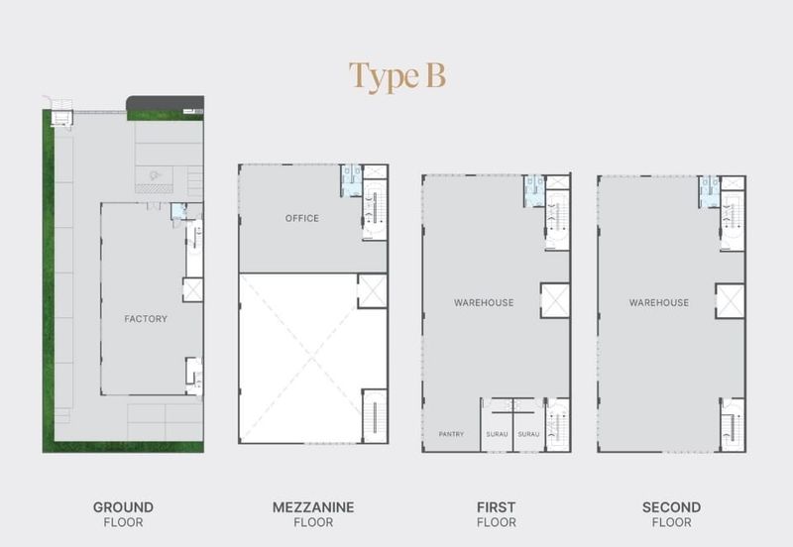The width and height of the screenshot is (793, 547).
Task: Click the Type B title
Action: pyautogui.click(x=397, y=77)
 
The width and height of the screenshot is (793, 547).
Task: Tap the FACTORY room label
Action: pyautogui.click(x=146, y=319)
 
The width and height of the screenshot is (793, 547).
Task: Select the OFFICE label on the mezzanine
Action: pyautogui.click(x=302, y=218)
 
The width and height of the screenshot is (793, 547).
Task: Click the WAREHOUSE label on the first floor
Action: pyautogui.click(x=484, y=303)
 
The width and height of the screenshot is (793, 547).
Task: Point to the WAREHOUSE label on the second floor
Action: pyautogui.click(x=659, y=303)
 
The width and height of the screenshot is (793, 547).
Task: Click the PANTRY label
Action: pyautogui.click(x=451, y=434)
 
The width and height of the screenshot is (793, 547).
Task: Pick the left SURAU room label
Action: pyautogui.click(x=497, y=434)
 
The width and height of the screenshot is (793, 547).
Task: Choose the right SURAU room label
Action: pyautogui.click(x=528, y=434)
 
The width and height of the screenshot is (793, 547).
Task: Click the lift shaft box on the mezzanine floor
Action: pyautogui.click(x=373, y=290)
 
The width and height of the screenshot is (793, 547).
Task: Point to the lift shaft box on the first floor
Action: pyautogui.click(x=555, y=300)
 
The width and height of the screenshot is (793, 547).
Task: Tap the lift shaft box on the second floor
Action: pyautogui.click(x=730, y=300)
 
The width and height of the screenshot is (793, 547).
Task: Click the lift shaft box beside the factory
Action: pyautogui.click(x=192, y=289)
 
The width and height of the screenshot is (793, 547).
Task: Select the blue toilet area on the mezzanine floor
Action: pyautogui.click(x=352, y=180)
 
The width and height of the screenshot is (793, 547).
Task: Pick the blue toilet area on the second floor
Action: pyautogui.click(x=709, y=191)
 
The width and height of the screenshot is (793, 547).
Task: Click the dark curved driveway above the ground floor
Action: pyautogui.click(x=165, y=103)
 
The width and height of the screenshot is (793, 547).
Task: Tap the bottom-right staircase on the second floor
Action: pyautogui.click(x=733, y=425)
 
